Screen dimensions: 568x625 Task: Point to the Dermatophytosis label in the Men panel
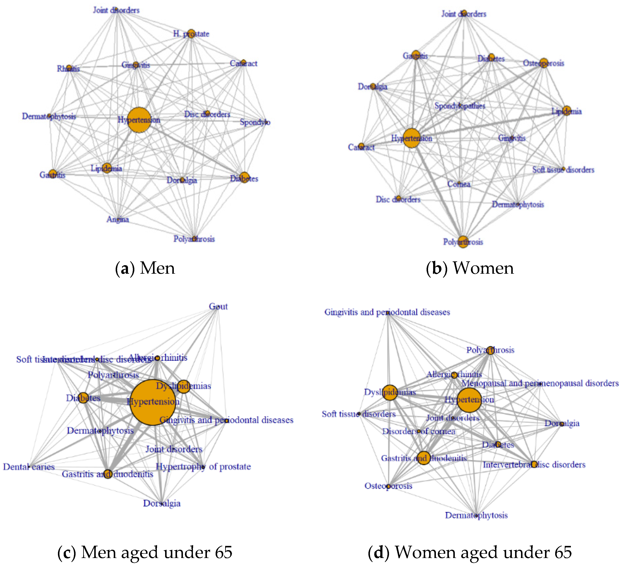pyautogui.click(x=49, y=116)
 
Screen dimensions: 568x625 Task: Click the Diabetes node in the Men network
pyautogui.click(x=244, y=177)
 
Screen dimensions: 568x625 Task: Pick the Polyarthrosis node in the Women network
pyautogui.click(x=463, y=241)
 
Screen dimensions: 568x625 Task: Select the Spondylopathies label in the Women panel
pyautogui.click(x=460, y=106)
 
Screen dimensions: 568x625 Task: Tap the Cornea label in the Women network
pyautogui.click(x=459, y=184)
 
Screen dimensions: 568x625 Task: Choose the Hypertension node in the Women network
pyautogui.click(x=412, y=138)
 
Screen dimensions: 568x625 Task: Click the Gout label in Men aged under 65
pyautogui.click(x=218, y=306)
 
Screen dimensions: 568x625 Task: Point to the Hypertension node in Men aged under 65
pyautogui.click(x=153, y=402)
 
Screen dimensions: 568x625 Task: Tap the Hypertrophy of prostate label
pyautogui.click(x=203, y=466)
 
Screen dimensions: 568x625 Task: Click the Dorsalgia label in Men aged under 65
pyautogui.click(x=162, y=503)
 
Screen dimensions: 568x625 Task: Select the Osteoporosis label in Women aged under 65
pyautogui.click(x=388, y=486)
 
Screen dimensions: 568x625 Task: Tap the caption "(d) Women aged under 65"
pyautogui.click(x=470, y=552)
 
